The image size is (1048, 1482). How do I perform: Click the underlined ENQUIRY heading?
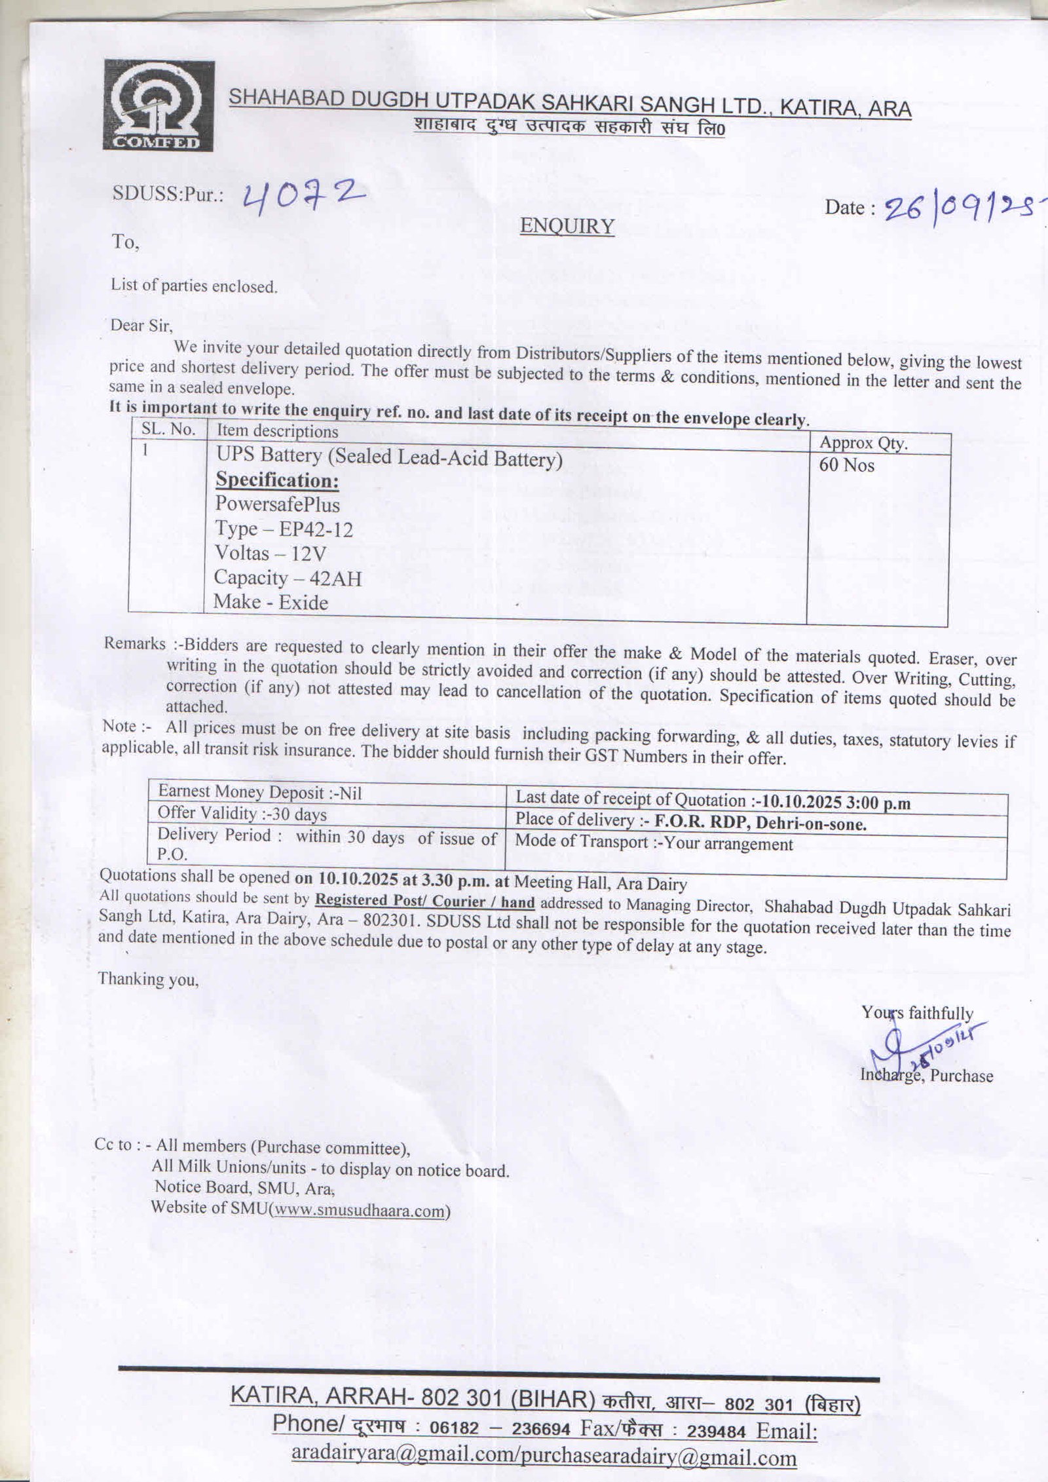[x=567, y=226]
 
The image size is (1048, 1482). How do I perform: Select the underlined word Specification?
[x=278, y=480]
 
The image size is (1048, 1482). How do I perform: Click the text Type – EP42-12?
[x=284, y=529]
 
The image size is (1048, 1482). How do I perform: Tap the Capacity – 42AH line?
[x=288, y=578]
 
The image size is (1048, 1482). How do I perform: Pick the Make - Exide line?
[x=271, y=602]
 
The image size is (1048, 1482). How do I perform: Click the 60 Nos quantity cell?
[x=847, y=465]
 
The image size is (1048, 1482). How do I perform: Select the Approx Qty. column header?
[x=863, y=444]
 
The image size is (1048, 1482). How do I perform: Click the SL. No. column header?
[x=168, y=429]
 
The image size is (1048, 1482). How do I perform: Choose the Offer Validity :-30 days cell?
[x=242, y=814]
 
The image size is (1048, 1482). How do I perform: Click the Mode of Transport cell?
[x=654, y=843]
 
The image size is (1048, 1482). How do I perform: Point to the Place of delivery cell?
[x=690, y=822]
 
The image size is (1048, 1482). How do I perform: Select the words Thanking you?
[x=148, y=979]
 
